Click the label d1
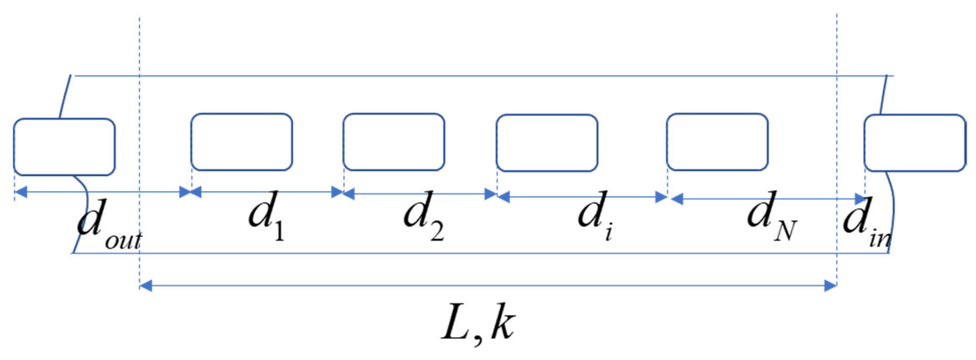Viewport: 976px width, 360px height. (x=266, y=216)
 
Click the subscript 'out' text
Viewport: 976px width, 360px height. (x=123, y=239)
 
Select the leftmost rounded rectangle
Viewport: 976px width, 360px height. (x=64, y=147)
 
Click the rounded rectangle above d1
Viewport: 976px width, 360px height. (x=242, y=142)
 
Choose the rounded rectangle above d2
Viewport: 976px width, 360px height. (x=394, y=142)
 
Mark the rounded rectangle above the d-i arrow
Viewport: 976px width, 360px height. (x=547, y=143)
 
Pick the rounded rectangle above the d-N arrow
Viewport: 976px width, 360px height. (x=717, y=142)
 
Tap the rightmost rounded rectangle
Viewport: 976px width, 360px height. (x=914, y=143)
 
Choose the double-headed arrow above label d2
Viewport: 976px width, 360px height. (x=420, y=194)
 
